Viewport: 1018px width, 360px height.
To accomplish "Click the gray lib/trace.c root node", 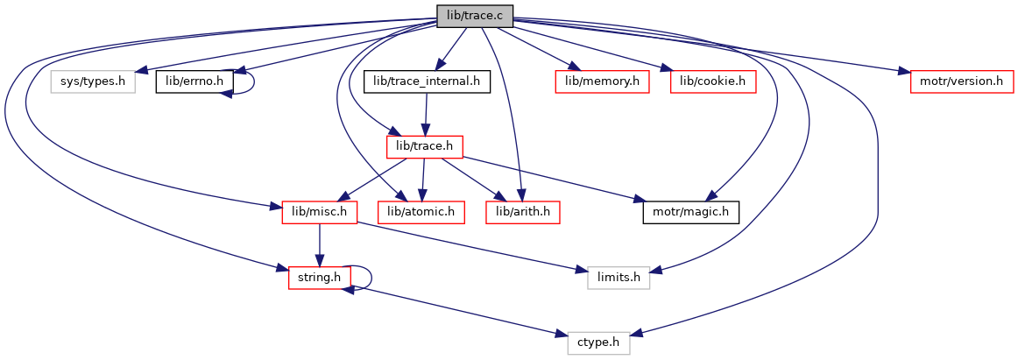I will (475, 16).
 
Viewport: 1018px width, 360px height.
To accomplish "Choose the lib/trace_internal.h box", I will (427, 82).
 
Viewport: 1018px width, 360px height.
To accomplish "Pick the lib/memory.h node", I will (602, 82).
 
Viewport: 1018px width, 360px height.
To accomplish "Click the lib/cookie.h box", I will (712, 82).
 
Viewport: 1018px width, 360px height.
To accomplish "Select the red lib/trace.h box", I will (425, 147).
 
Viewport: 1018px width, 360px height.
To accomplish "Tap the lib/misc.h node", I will (320, 212).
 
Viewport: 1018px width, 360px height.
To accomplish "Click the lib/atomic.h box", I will (421, 212).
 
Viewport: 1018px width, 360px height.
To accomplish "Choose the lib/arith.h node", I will (523, 212).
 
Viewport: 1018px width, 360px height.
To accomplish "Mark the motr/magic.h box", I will (690, 212).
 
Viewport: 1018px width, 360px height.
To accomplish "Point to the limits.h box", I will (619, 278).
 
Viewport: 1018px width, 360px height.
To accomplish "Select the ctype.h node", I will (598, 342).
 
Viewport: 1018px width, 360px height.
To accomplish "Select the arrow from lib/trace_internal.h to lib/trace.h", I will (426, 114).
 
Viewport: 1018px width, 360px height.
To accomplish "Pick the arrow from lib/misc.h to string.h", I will (320, 244).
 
